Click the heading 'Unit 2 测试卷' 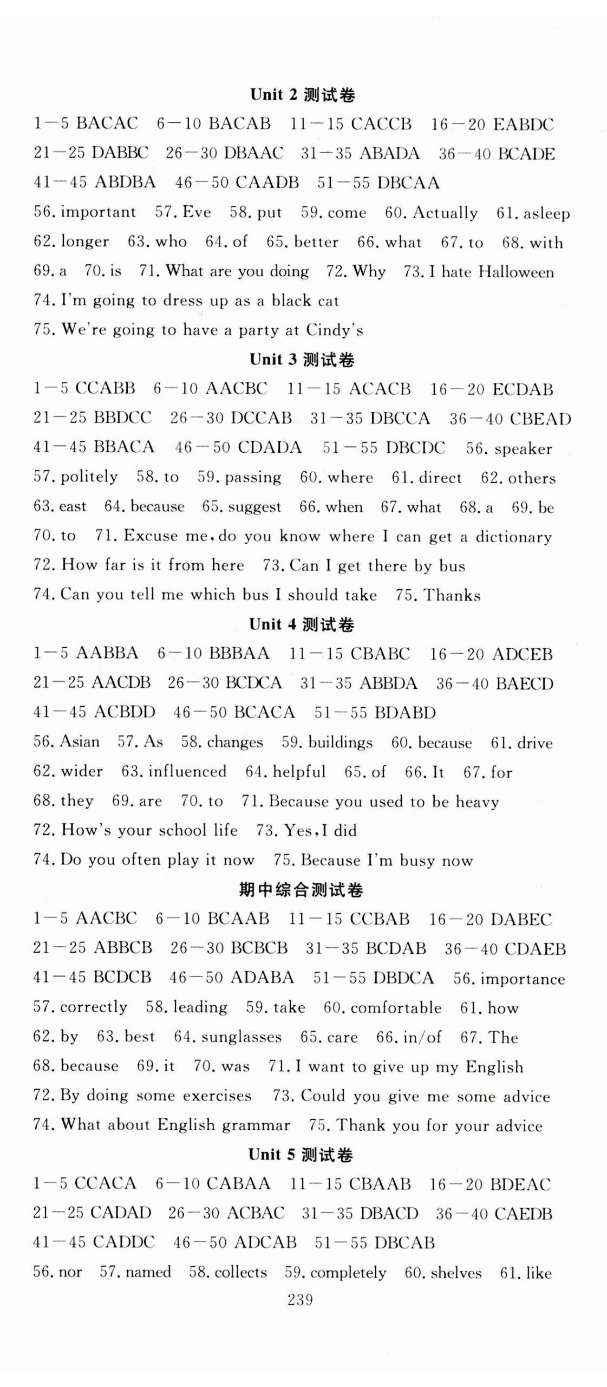(x=302, y=95)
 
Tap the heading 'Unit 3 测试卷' (x=302, y=360)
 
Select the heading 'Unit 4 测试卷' (x=302, y=624)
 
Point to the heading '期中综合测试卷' (x=301, y=890)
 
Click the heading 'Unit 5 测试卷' (x=301, y=1155)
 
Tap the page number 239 (x=301, y=1299)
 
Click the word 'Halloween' (x=517, y=271)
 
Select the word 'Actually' (x=445, y=213)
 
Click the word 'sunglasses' (x=241, y=1037)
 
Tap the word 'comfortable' (x=396, y=1007)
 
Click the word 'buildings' (x=340, y=742)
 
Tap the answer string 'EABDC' (x=524, y=125)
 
